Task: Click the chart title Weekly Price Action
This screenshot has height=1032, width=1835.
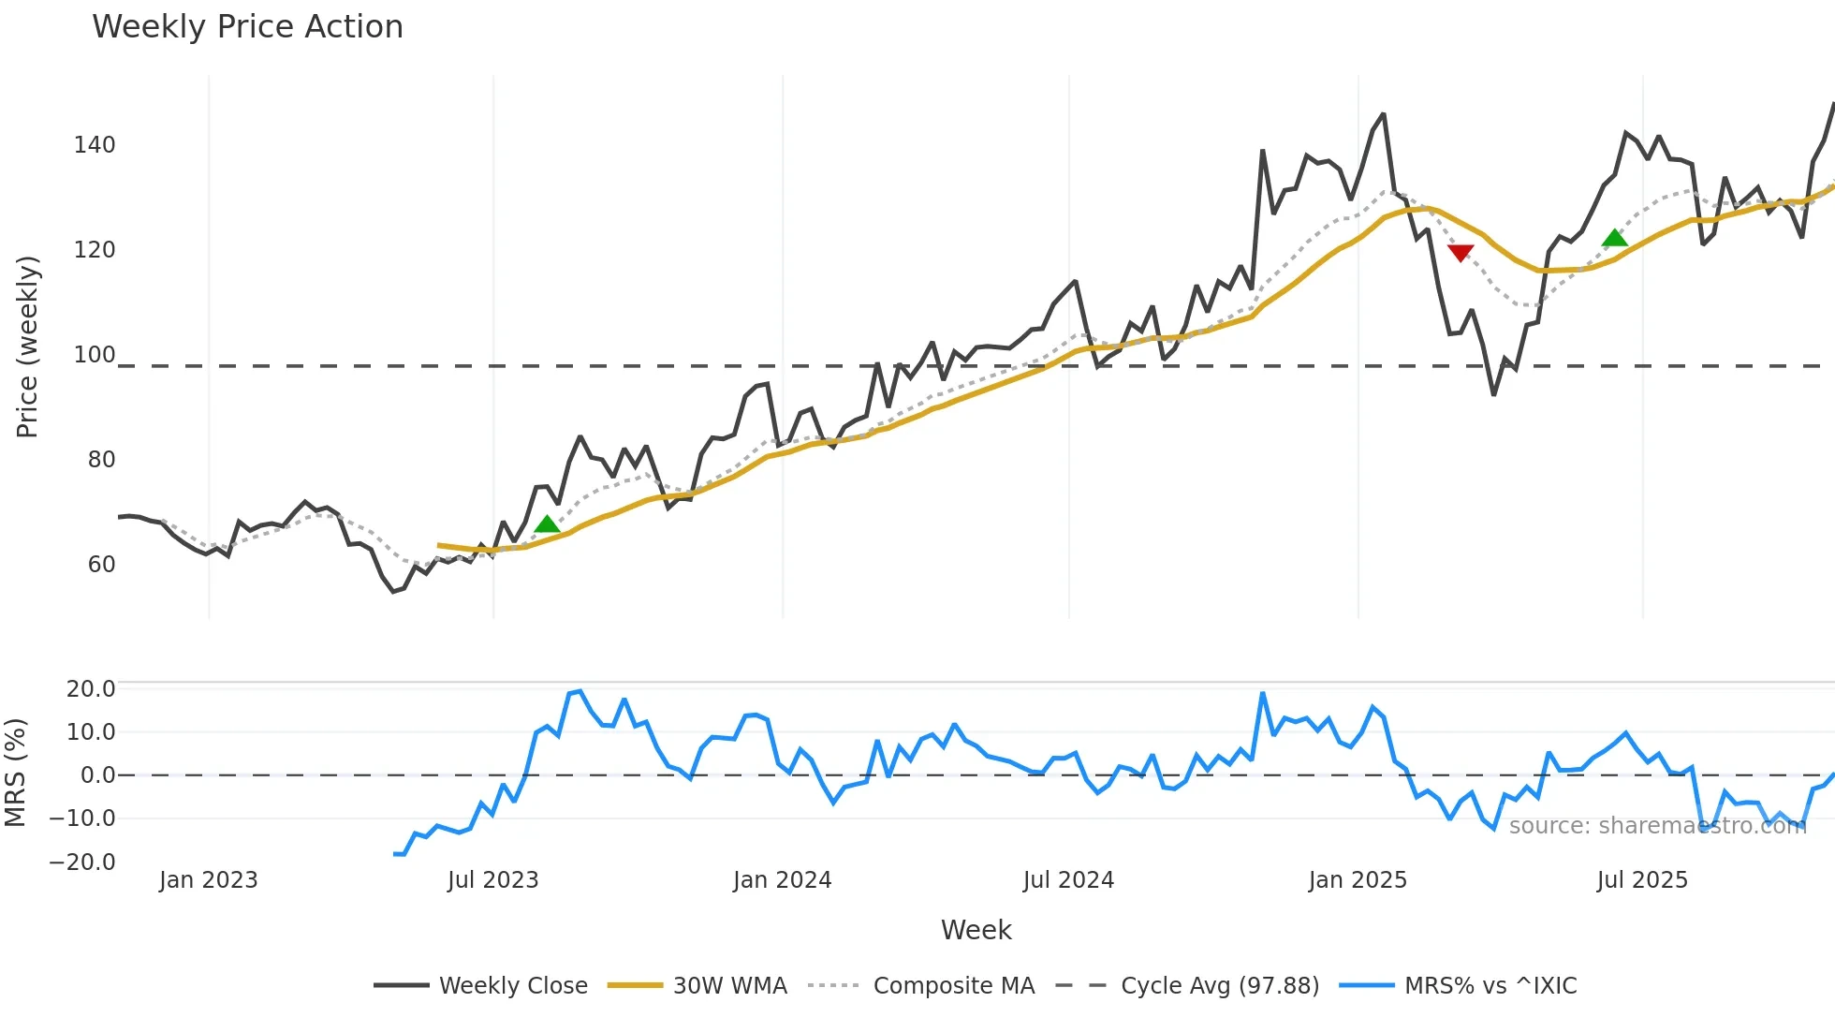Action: (247, 27)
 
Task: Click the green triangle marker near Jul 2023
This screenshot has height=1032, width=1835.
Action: (547, 523)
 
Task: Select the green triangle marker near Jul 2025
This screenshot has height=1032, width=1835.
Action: (1615, 238)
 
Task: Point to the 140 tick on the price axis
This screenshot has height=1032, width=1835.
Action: (95, 145)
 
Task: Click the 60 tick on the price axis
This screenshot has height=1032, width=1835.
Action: (101, 565)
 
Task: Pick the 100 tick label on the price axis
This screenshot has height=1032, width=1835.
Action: (95, 355)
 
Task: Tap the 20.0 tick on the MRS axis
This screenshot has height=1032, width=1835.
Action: (91, 689)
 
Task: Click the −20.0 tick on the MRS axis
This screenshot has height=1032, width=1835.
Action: (82, 862)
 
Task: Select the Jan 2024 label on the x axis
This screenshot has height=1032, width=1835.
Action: (782, 880)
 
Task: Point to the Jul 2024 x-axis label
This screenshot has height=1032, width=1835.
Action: (1068, 880)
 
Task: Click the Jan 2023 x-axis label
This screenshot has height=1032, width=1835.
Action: (208, 880)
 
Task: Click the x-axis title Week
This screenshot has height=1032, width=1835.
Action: (976, 930)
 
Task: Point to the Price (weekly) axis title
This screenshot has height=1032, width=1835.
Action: (27, 346)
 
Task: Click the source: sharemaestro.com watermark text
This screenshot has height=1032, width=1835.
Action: (1657, 826)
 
